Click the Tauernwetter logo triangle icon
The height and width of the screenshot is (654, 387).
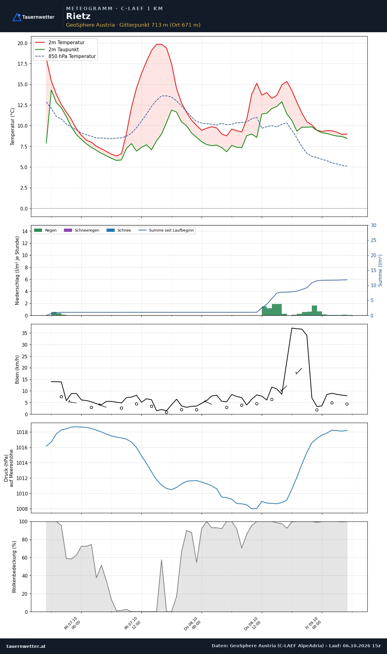(17, 17)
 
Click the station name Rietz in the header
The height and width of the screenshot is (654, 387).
(78, 16)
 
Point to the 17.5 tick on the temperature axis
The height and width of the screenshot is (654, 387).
(22, 64)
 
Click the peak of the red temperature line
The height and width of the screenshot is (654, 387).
(159, 44)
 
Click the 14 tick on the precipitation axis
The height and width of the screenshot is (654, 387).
(25, 231)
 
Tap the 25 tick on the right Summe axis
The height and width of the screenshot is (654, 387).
(373, 240)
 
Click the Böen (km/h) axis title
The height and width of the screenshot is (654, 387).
(17, 369)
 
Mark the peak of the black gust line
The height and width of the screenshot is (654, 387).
(292, 328)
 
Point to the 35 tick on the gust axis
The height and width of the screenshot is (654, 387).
(25, 333)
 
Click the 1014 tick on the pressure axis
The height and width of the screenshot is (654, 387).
(22, 463)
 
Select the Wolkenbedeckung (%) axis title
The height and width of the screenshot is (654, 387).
(14, 567)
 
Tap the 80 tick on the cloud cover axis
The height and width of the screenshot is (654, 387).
(25, 540)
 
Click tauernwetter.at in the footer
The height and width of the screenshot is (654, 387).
(26, 646)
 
